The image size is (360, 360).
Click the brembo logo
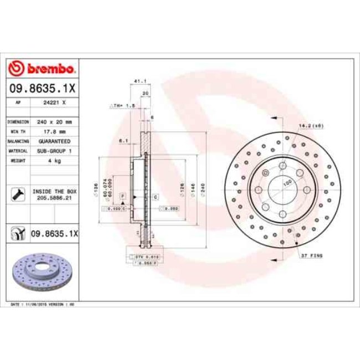click(x=43, y=69)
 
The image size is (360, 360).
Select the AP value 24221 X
click(x=55, y=102)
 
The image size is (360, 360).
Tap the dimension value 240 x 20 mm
click(x=55, y=121)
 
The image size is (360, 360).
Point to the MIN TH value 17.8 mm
click(x=55, y=131)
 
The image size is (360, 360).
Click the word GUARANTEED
click(x=55, y=141)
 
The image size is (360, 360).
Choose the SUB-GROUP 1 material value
click(x=55, y=151)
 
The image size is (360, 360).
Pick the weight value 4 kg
click(x=55, y=160)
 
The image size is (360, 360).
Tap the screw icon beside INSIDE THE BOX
click(x=17, y=193)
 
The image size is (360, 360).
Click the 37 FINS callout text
click(x=312, y=256)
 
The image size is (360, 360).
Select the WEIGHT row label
click(x=15, y=160)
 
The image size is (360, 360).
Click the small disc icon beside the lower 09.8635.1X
click(x=17, y=234)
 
